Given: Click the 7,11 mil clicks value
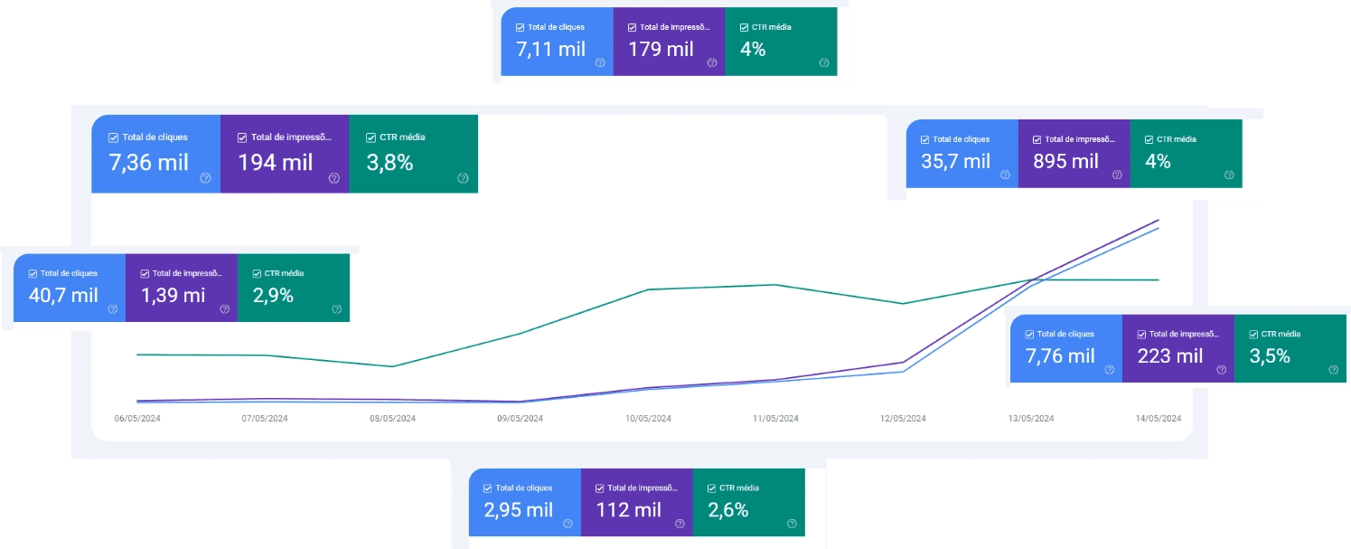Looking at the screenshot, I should [550, 50].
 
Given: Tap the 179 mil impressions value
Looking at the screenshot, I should [661, 50].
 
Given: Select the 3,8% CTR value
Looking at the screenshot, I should [389, 163].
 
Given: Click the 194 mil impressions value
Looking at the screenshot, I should [276, 163].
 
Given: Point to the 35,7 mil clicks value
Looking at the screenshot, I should [956, 162].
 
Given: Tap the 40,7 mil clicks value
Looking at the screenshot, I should [63, 295].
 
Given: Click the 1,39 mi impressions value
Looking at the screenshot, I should [173, 295].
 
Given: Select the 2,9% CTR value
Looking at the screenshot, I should [273, 295].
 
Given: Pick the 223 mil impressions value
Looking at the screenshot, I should [1170, 356].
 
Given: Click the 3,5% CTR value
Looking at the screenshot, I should [1270, 356].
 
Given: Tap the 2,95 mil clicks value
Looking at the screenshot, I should [519, 510].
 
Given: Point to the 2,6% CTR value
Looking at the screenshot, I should [728, 510].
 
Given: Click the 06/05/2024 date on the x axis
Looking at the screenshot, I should [137, 419].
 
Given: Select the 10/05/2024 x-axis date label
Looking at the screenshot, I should [648, 419].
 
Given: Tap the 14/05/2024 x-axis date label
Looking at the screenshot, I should [1159, 419].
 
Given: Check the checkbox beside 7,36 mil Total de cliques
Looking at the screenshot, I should [113, 137].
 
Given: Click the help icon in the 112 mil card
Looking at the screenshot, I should [679, 524].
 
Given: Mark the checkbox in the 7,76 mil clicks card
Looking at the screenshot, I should [1029, 335].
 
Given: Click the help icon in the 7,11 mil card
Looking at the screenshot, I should [600, 63].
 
